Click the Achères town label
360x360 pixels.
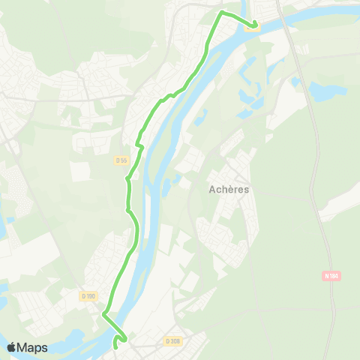click(229, 190)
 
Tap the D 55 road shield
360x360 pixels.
click(121, 160)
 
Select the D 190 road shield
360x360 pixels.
click(88, 296)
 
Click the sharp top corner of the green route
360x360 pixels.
click(220, 13)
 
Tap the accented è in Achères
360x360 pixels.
click(229, 190)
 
